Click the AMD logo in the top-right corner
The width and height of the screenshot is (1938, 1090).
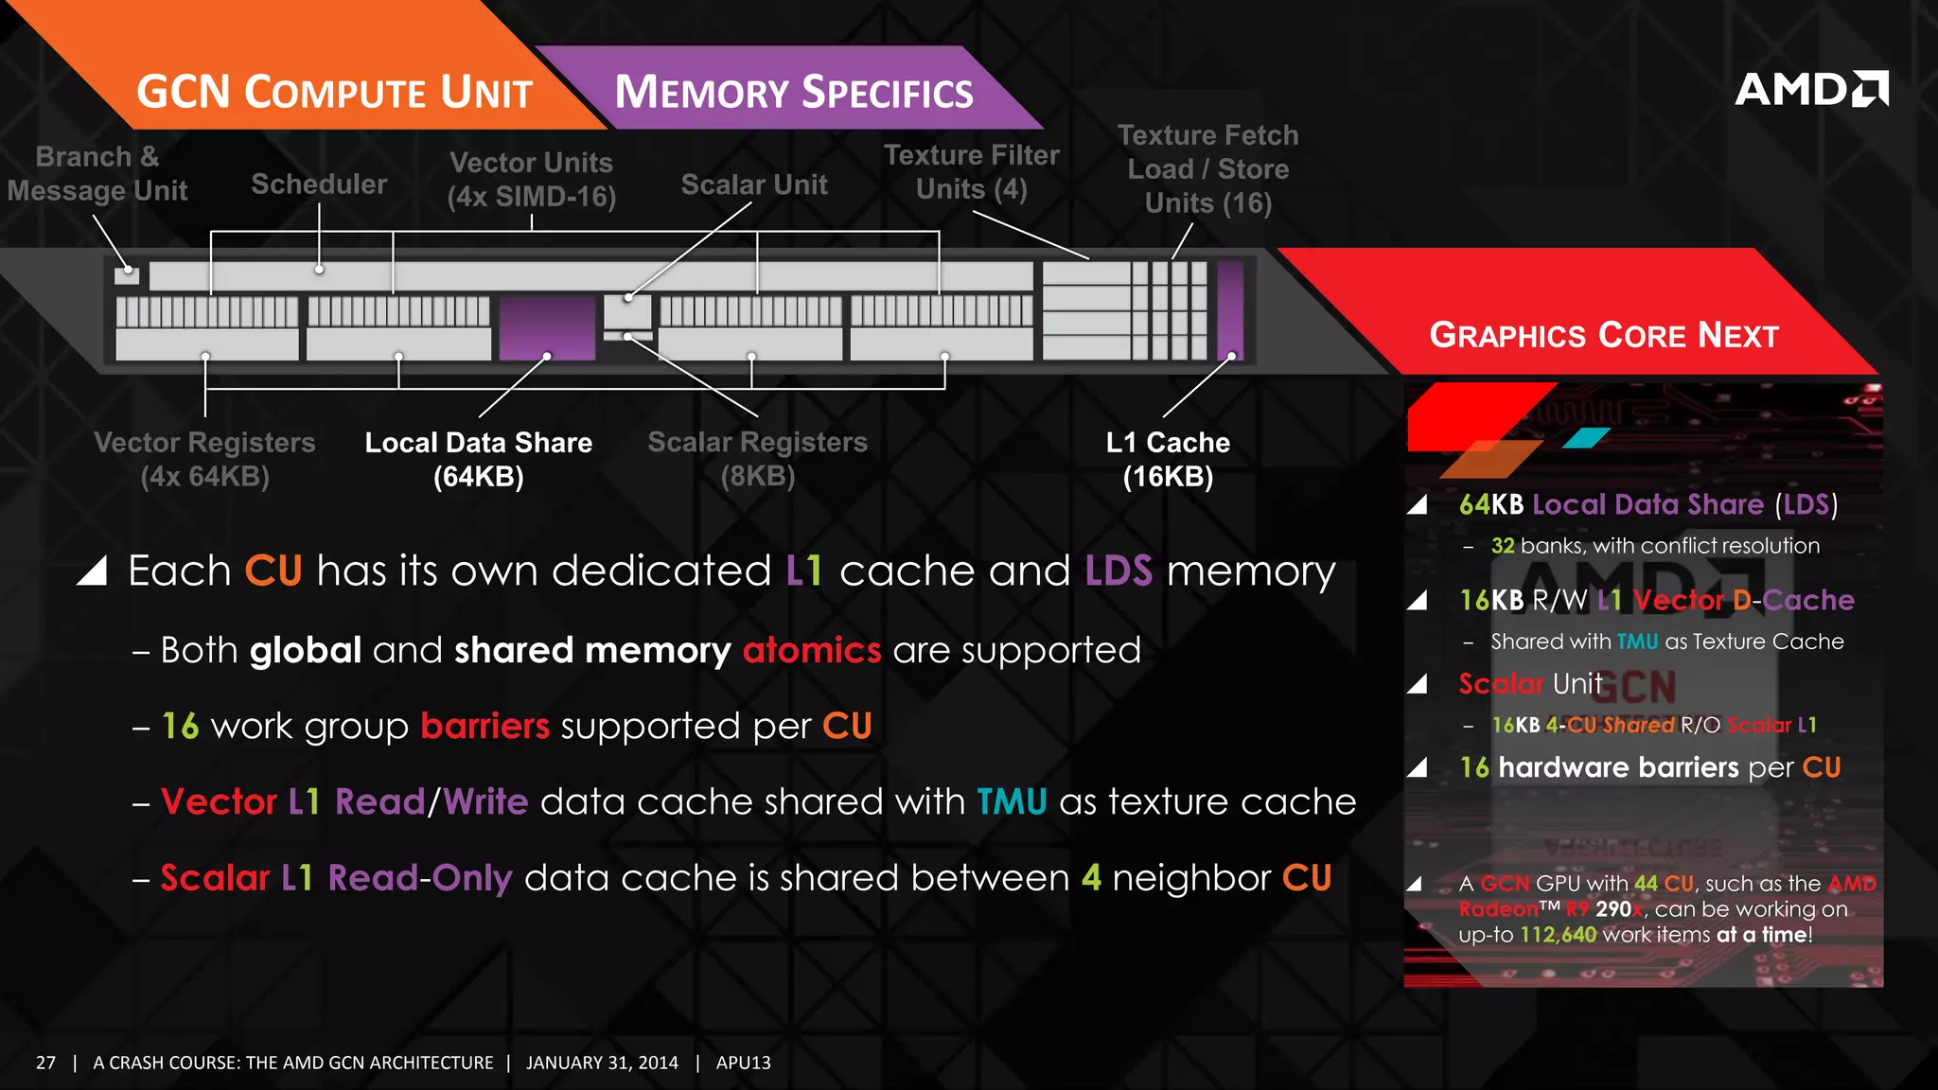coord(1810,89)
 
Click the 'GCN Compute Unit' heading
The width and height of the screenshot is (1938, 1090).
coord(335,93)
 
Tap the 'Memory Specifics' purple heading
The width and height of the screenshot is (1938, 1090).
coord(794,93)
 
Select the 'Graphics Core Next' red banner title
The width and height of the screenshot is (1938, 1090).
coord(1604,335)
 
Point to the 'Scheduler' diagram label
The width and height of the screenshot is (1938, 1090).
coord(319,184)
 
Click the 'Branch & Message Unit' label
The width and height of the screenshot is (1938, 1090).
coord(97,173)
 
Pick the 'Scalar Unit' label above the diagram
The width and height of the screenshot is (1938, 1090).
coord(754,185)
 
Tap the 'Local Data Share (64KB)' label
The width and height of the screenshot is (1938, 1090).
coord(479,459)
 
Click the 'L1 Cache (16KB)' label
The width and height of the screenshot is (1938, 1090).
coord(1168,459)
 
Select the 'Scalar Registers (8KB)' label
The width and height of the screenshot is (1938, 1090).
coord(757,459)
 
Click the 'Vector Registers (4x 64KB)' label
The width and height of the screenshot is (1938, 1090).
coord(204,459)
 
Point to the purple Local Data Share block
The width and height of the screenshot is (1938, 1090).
coord(547,327)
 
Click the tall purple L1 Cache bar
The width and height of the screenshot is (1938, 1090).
coord(1230,310)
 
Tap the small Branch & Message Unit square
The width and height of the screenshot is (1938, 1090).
coord(127,275)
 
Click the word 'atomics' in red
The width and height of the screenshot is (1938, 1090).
coord(812,650)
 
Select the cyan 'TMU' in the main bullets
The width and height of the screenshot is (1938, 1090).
coord(1012,801)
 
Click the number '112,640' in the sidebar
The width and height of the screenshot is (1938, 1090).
coord(1559,935)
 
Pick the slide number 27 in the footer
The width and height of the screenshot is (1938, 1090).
coord(45,1063)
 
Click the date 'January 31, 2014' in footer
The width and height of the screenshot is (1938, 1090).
coord(602,1063)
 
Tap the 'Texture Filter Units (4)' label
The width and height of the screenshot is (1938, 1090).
coord(972,171)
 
